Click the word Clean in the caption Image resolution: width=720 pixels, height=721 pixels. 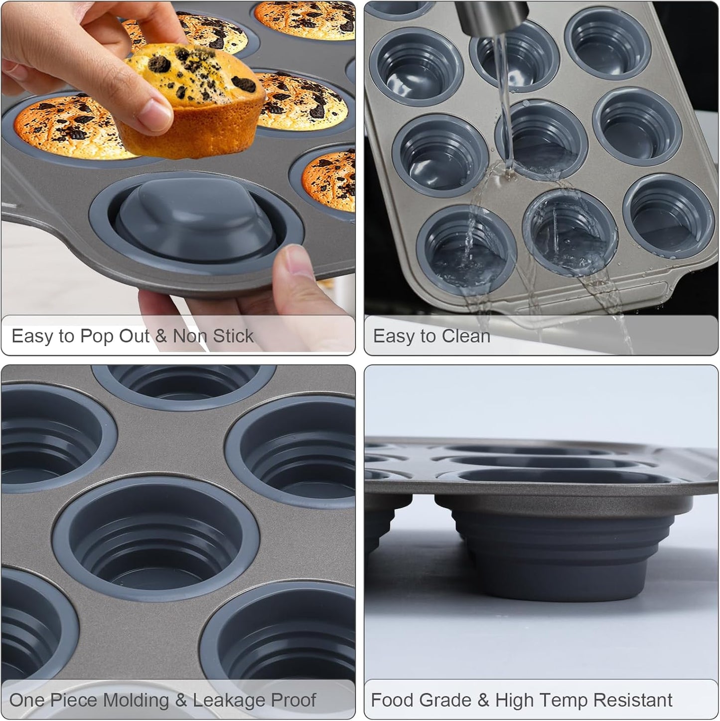tap(466, 336)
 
